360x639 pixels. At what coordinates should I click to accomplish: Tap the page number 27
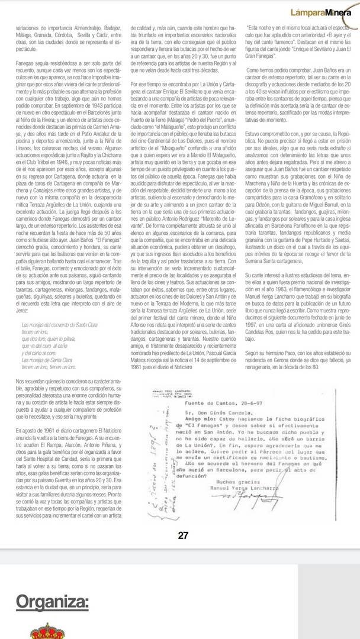pyautogui.click(x=183, y=535)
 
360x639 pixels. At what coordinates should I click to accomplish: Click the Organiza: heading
pyautogui.click(x=53, y=602)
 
